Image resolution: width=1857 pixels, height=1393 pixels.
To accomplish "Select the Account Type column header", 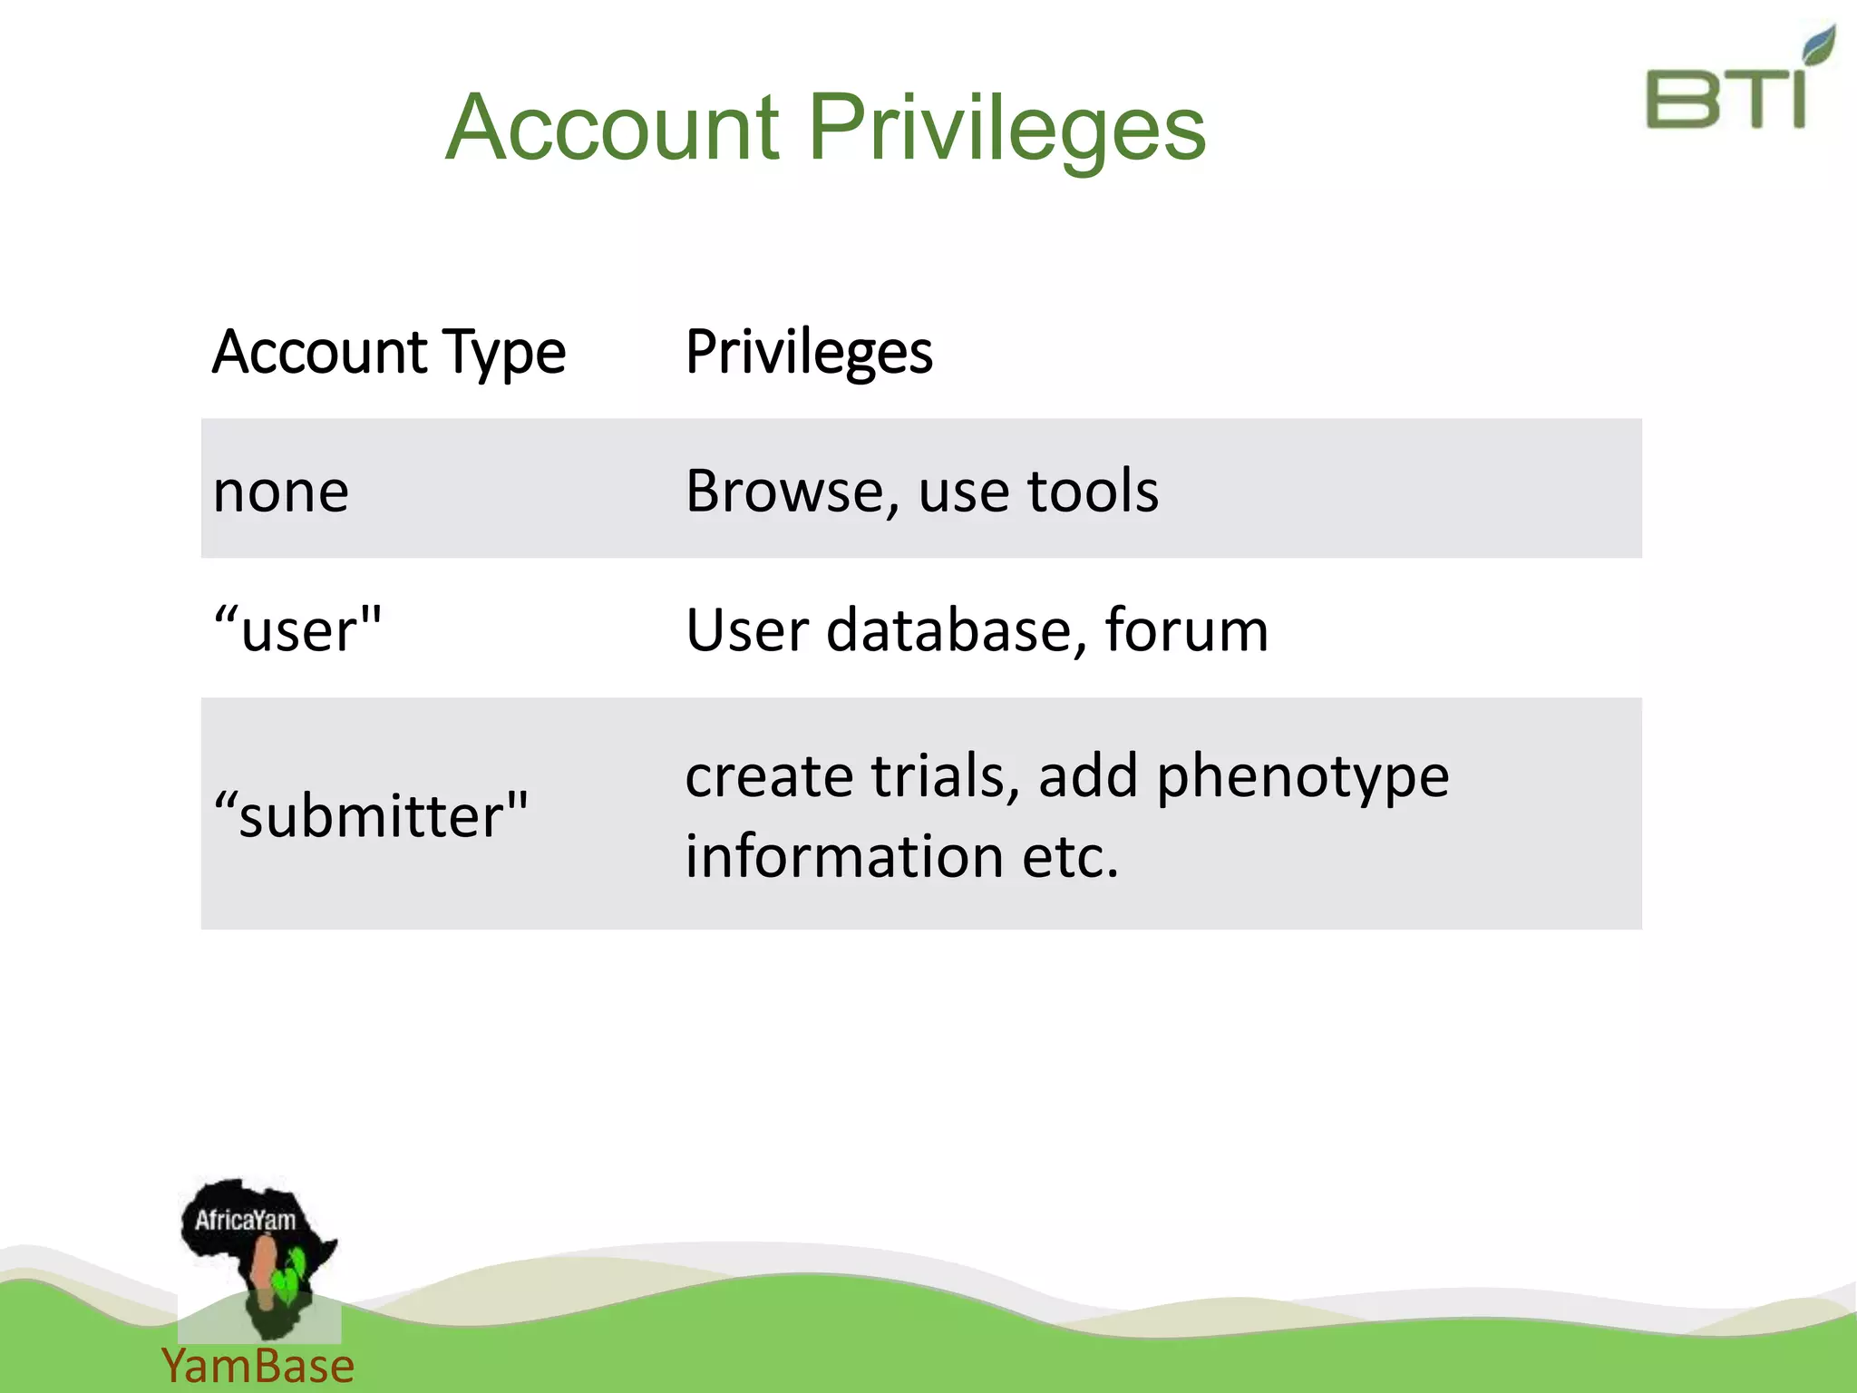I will click(389, 352).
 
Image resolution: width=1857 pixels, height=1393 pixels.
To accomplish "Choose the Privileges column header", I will click(809, 352).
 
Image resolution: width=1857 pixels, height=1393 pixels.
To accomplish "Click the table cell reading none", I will click(281, 492).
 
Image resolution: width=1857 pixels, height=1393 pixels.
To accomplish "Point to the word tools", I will click(1093, 491).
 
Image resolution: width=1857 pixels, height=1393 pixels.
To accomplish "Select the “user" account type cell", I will click(297, 629).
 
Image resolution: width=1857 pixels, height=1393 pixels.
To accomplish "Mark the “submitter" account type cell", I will click(370, 813).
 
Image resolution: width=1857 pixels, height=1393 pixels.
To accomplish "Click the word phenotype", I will click(1302, 777).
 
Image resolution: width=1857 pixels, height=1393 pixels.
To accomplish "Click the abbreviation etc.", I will click(1070, 856).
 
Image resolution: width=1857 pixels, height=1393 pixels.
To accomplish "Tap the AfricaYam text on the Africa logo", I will click(245, 1220).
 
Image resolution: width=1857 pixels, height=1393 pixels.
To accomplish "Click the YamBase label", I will click(258, 1366).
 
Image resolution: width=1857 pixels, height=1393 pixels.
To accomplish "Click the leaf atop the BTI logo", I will click(1817, 45).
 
